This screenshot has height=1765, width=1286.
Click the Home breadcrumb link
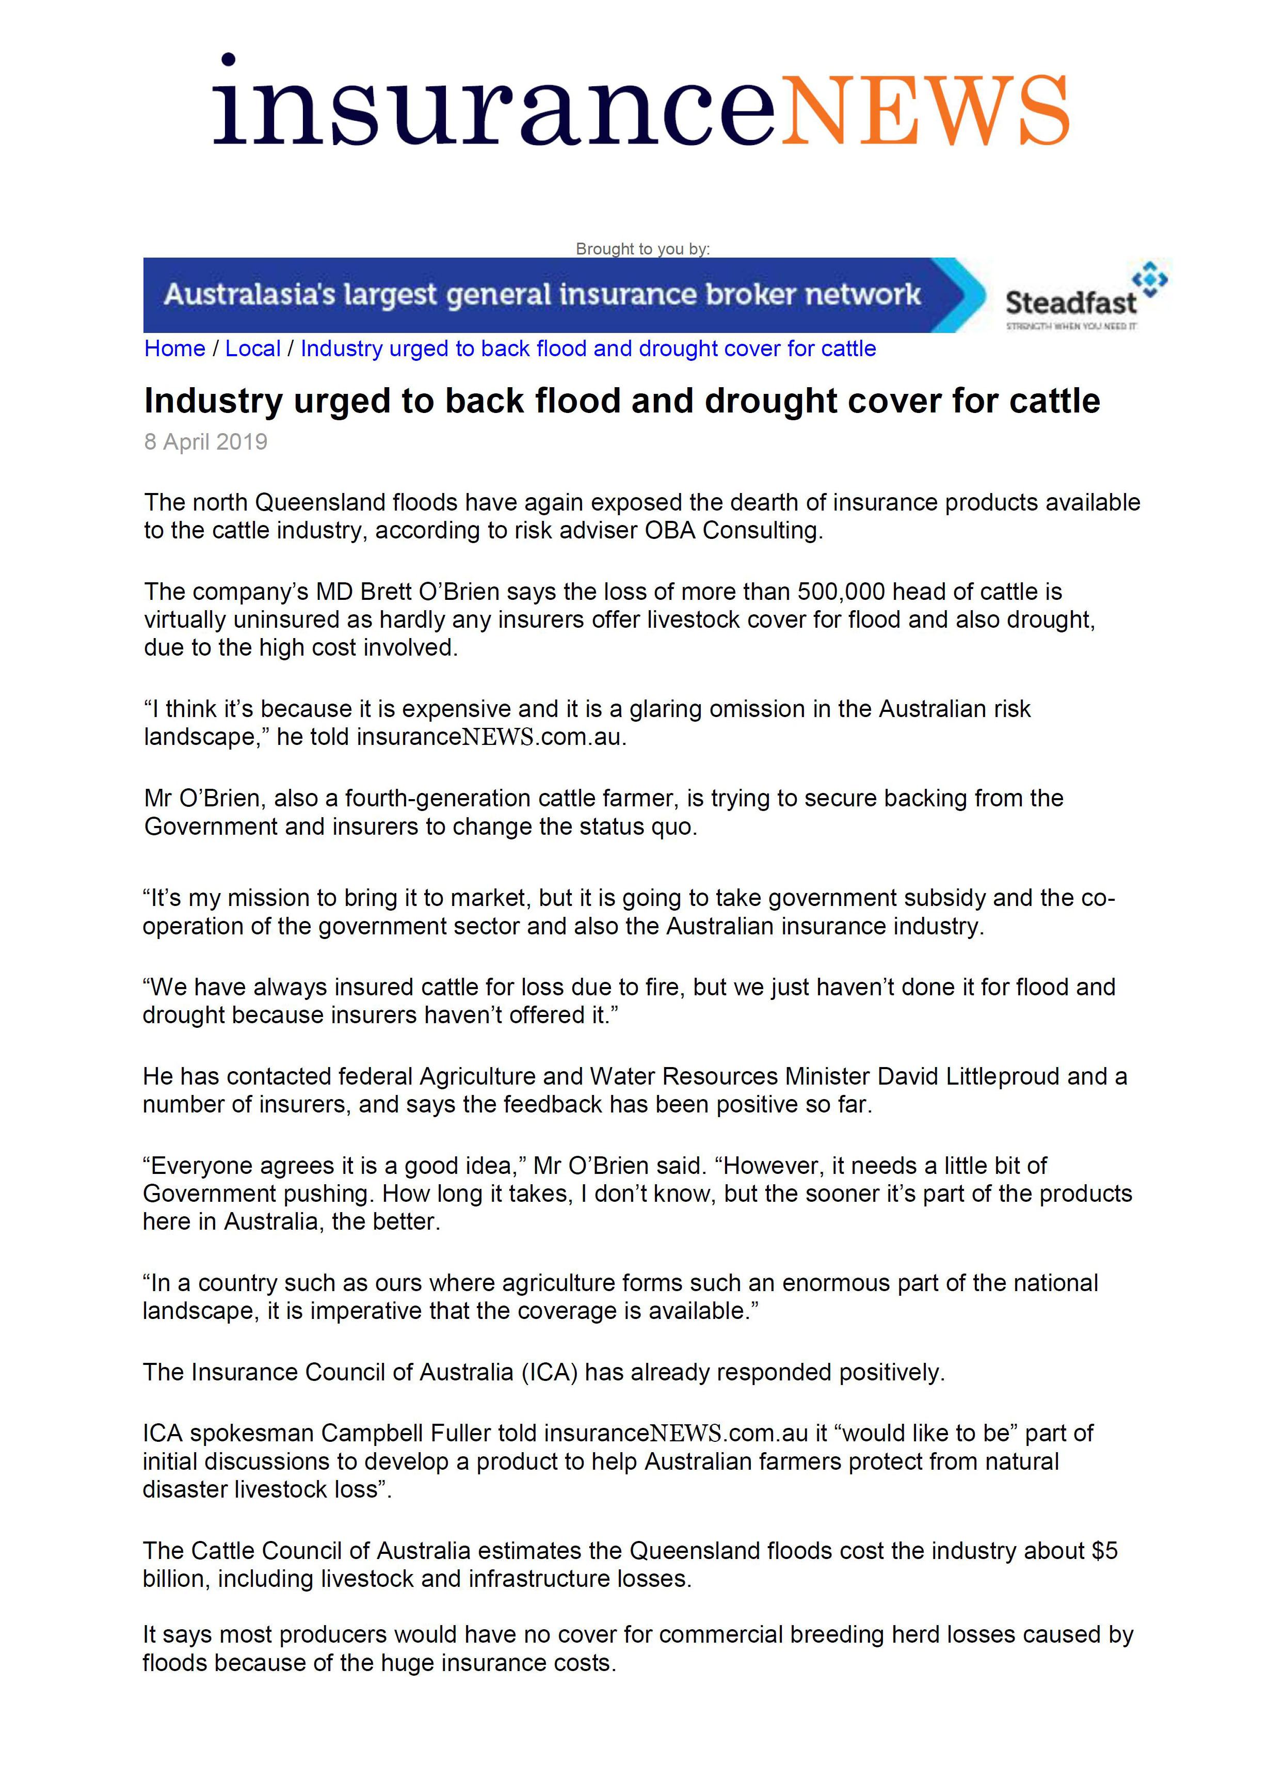(x=174, y=349)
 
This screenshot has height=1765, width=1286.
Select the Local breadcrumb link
(x=252, y=349)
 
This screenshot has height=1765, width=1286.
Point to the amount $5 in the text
(x=1104, y=1550)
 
